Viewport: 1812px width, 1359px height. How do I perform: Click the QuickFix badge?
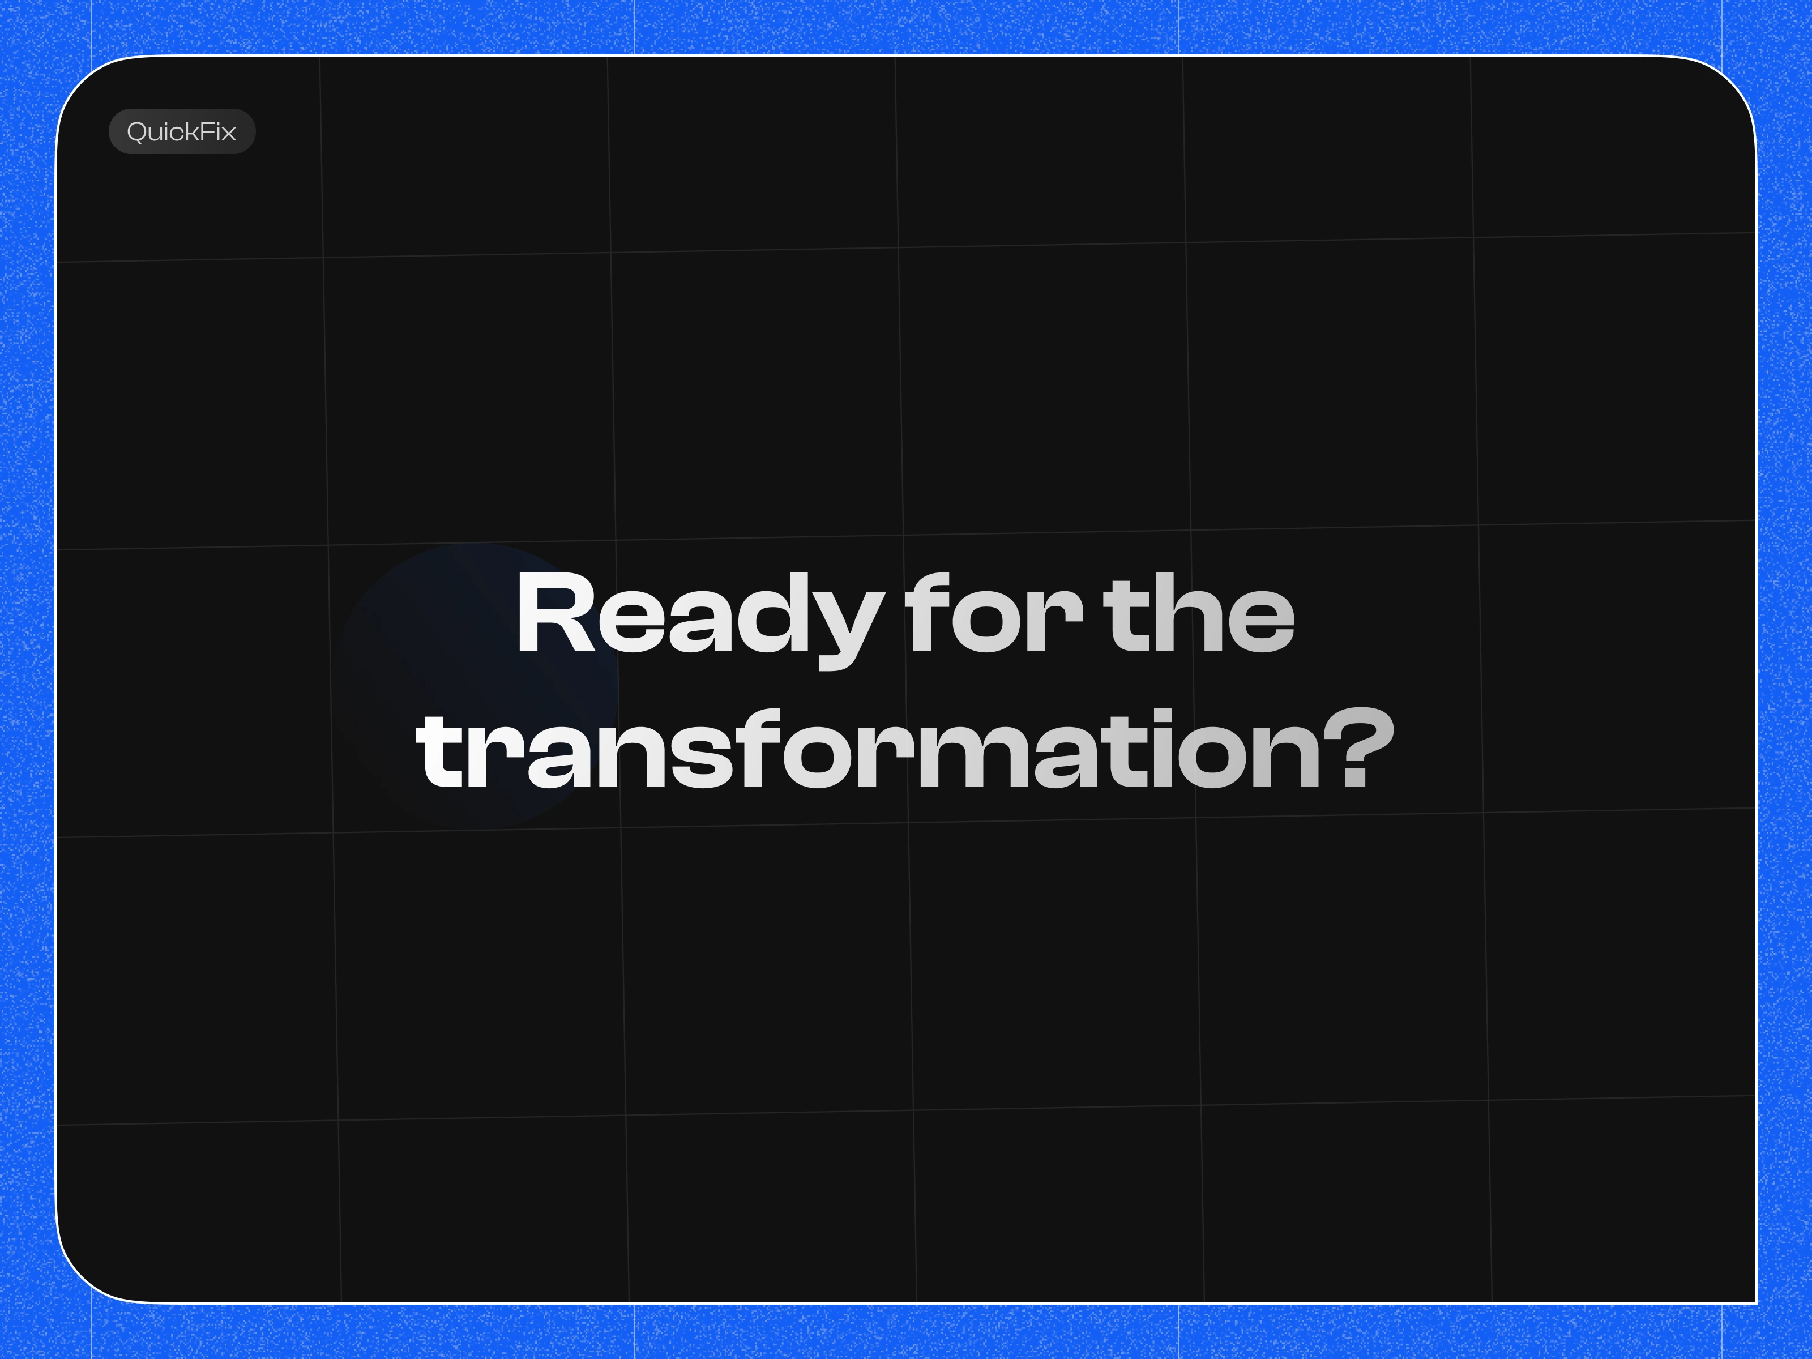click(182, 131)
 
